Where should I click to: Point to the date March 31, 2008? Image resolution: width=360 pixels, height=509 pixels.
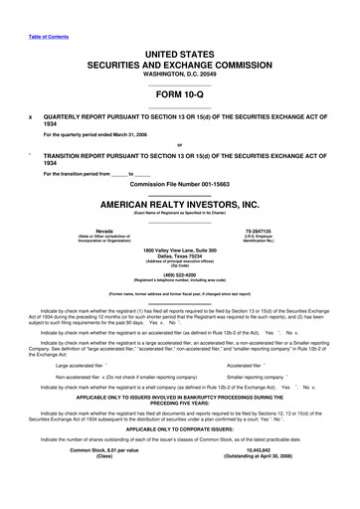(x=129, y=134)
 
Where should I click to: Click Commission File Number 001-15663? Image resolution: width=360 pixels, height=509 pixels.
(x=179, y=186)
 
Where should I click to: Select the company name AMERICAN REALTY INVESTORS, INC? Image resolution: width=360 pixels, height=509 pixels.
(x=179, y=205)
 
